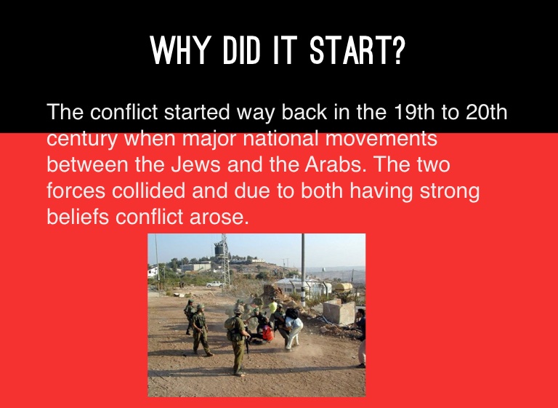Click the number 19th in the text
415,112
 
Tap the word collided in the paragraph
148,191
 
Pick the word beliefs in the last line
78,216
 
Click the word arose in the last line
219,217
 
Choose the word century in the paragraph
81,140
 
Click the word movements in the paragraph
381,138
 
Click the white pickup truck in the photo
215,284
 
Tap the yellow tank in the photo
342,286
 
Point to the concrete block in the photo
339,313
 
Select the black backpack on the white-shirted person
292,313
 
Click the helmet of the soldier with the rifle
239,310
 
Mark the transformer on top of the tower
219,249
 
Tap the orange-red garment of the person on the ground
267,333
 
